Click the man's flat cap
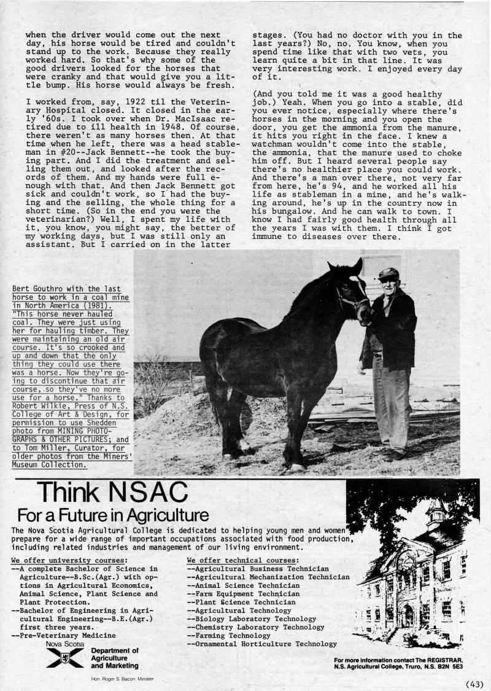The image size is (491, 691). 388,273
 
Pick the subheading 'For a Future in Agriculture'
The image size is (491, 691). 113,513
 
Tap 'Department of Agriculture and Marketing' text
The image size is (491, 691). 115,657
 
